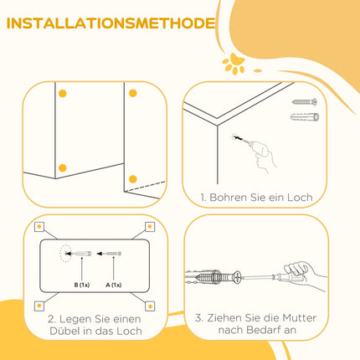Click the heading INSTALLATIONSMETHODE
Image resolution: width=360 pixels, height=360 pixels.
(x=111, y=23)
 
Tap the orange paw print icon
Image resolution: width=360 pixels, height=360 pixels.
(x=234, y=64)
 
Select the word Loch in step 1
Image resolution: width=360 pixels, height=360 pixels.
(x=300, y=198)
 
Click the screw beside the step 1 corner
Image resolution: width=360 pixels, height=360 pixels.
(x=305, y=102)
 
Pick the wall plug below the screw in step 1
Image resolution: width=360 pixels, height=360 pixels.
(x=305, y=117)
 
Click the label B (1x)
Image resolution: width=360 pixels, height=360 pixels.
(x=82, y=285)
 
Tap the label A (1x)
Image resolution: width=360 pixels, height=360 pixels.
(x=114, y=285)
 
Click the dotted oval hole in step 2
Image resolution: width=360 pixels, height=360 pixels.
(x=66, y=254)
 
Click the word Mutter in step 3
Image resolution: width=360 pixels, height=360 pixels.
(x=299, y=318)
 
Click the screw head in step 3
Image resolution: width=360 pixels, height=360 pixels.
(x=237, y=278)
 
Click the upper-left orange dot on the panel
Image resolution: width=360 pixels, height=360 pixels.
(x=63, y=94)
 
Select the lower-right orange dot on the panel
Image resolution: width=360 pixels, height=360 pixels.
(x=133, y=179)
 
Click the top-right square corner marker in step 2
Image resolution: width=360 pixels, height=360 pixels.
(x=150, y=227)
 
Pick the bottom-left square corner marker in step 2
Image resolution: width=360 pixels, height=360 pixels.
(x=39, y=306)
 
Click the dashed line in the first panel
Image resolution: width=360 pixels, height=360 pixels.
(x=145, y=187)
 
